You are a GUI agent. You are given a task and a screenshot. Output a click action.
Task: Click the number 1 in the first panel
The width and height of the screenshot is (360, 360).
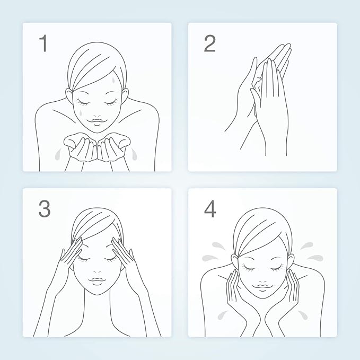tap(43, 43)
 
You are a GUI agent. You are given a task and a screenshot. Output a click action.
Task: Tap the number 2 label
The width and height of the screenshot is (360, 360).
tap(209, 43)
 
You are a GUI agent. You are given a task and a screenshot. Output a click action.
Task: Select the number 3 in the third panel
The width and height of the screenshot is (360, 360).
tap(45, 209)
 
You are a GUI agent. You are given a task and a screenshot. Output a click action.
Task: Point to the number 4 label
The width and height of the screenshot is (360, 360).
tap(210, 209)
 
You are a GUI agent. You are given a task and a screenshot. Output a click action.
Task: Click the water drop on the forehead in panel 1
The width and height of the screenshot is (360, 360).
tap(113, 80)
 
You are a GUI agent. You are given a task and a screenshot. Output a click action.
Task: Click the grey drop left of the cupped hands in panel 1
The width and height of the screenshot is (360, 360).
tap(58, 154)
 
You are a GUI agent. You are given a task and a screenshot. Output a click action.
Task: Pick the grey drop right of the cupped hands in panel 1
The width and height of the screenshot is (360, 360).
tap(134, 154)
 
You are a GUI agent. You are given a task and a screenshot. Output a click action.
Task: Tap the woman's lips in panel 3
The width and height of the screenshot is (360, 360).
tap(98, 280)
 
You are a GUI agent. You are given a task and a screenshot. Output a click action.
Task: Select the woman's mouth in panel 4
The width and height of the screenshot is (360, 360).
tap(262, 286)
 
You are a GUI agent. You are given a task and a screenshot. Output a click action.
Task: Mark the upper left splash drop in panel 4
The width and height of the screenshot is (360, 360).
tap(217, 245)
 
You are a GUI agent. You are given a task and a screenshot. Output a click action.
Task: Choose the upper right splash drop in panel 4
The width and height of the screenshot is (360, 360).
tap(307, 245)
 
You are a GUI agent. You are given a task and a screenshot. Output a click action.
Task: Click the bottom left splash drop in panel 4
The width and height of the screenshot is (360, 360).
tap(222, 315)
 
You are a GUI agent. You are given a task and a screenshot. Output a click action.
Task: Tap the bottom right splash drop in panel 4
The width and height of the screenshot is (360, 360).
tap(303, 314)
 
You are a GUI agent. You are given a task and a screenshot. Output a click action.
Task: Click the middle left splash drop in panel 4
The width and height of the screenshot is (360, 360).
tap(210, 258)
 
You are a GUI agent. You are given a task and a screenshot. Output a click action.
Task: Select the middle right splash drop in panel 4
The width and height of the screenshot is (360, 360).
tap(315, 258)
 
